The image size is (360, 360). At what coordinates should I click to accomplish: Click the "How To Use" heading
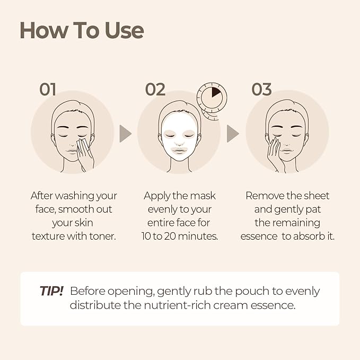pos(82,30)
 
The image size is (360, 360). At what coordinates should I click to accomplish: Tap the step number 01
pos(48,89)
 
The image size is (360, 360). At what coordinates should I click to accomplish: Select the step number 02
pos(155,89)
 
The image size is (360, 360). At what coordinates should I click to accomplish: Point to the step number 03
pos(261,89)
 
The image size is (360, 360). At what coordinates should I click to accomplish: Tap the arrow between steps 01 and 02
pos(125,134)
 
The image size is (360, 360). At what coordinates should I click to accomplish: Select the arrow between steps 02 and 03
pos(233,134)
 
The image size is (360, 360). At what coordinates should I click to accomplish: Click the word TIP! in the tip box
pos(51,291)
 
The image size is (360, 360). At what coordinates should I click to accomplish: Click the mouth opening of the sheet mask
pos(180,151)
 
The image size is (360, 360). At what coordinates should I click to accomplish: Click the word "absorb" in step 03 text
pos(306,236)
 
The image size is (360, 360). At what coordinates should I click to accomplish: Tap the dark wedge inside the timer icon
pos(216,91)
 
